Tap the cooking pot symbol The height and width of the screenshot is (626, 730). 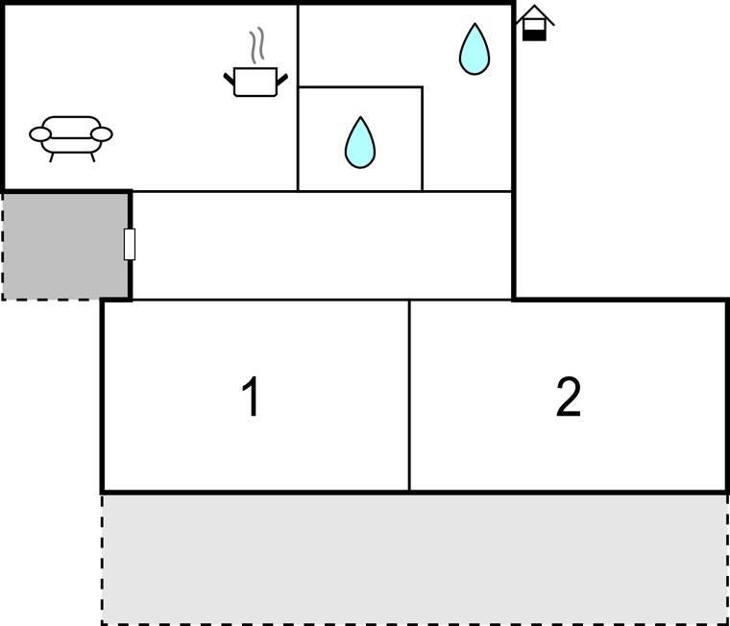255,82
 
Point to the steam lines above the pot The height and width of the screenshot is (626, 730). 255,45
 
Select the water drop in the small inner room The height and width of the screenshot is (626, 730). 360,144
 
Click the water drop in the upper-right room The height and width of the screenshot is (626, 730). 474,51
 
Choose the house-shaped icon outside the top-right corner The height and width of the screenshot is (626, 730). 534,23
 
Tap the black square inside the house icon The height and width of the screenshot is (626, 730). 534,33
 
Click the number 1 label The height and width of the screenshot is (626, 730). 251,397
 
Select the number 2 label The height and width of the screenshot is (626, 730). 569,397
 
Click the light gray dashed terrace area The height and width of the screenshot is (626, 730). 414,559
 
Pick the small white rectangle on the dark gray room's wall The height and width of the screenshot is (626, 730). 130,244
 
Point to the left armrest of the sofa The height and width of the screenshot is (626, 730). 40,134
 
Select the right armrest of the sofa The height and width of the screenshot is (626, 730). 102,134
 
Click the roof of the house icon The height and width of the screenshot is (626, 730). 534,14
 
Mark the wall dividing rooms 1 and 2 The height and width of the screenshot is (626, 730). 410,396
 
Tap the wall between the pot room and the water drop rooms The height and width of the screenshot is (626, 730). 298,96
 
